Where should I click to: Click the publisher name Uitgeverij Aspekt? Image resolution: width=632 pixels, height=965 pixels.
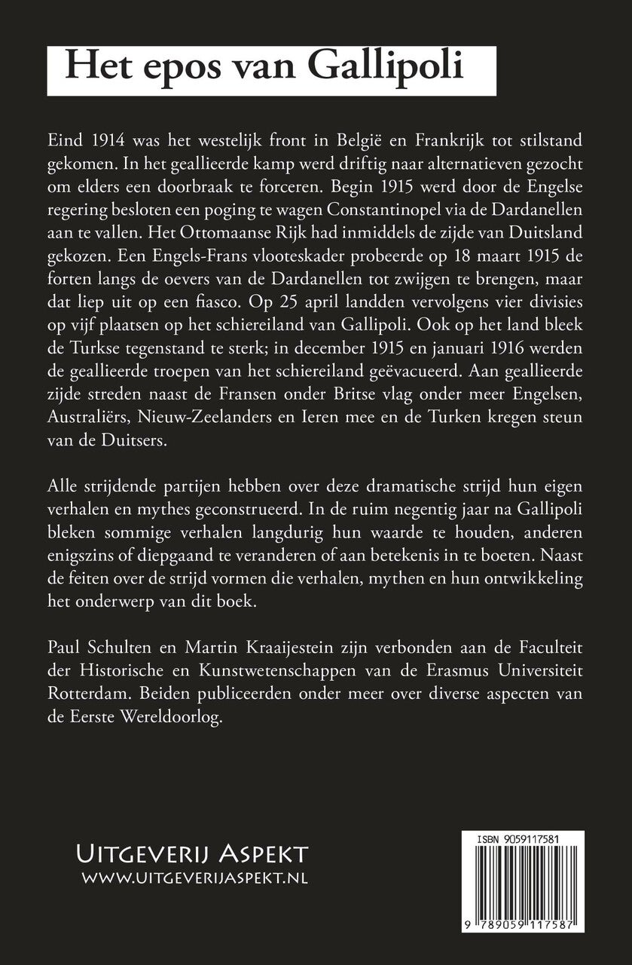[193, 854]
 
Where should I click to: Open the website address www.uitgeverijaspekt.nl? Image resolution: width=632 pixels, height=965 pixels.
[193, 878]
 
